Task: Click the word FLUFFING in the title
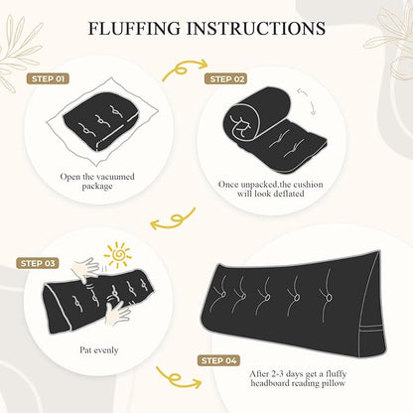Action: [x=135, y=28]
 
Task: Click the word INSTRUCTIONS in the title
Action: [x=256, y=28]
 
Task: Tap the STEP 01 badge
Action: [x=48, y=78]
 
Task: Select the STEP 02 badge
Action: [x=226, y=78]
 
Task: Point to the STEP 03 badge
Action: [x=38, y=263]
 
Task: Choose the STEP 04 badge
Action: [x=218, y=360]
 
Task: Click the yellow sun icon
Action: [x=118, y=254]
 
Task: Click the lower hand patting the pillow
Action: [x=117, y=312]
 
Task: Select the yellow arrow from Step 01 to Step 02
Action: [x=183, y=70]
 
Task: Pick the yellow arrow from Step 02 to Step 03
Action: [x=174, y=219]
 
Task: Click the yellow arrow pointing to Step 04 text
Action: [x=179, y=378]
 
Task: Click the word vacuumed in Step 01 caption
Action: [x=116, y=177]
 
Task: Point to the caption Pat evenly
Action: [x=99, y=350]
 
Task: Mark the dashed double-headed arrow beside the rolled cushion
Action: [x=307, y=101]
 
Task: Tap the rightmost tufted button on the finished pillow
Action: [x=329, y=298]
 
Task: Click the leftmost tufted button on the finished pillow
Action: [x=222, y=295]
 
